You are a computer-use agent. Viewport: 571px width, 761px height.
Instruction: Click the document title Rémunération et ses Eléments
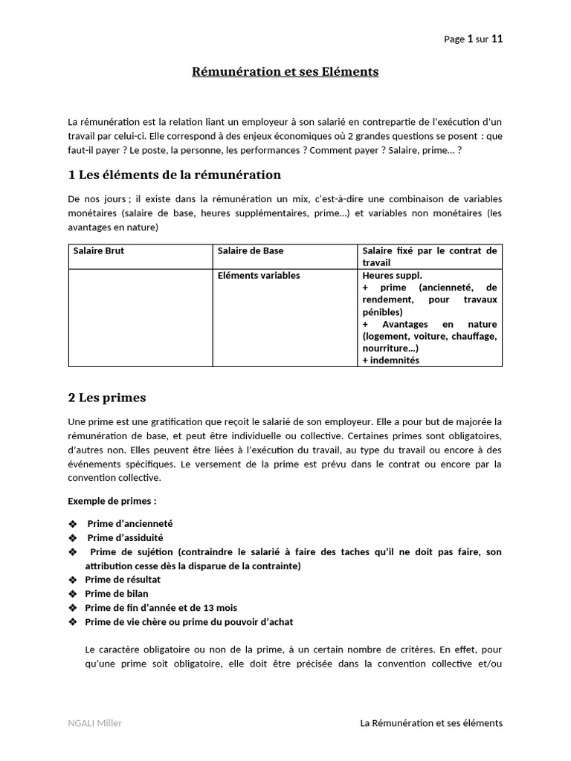[285, 72]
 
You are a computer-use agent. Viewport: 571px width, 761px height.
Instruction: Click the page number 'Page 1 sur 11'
[473, 39]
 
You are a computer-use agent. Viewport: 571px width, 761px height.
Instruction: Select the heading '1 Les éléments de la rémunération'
[175, 175]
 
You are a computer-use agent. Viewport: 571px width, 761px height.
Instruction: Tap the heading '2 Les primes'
[107, 398]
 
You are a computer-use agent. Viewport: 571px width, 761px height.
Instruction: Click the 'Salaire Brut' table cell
[99, 251]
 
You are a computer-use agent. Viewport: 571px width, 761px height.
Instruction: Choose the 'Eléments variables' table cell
[259, 276]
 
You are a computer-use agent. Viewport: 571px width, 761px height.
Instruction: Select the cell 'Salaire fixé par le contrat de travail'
[429, 256]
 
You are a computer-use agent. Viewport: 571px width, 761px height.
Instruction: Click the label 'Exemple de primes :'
[112, 501]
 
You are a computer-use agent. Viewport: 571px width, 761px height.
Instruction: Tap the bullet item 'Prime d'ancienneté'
[130, 524]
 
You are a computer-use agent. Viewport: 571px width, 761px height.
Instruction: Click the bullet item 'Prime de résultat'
[123, 580]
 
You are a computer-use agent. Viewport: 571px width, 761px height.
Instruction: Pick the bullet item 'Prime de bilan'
[117, 594]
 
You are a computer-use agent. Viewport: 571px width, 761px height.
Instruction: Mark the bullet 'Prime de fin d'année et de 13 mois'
[155, 608]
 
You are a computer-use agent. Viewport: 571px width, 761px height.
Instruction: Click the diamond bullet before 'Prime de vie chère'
[72, 622]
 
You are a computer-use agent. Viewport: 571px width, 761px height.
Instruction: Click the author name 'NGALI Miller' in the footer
[95, 723]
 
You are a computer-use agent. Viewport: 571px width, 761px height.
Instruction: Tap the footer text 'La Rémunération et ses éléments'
[430, 723]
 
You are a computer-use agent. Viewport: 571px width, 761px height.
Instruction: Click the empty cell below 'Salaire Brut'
[141, 317]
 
